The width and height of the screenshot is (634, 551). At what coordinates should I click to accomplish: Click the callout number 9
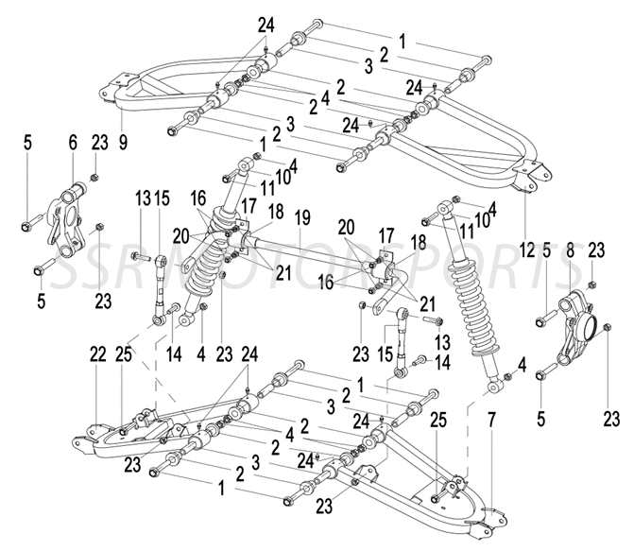(123, 144)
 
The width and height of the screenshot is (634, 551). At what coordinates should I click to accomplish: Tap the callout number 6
(73, 144)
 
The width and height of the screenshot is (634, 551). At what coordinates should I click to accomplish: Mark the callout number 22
(97, 354)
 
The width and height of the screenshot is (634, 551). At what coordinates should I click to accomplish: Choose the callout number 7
(491, 417)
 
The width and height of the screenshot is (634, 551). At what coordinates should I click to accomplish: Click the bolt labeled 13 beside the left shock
(142, 257)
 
